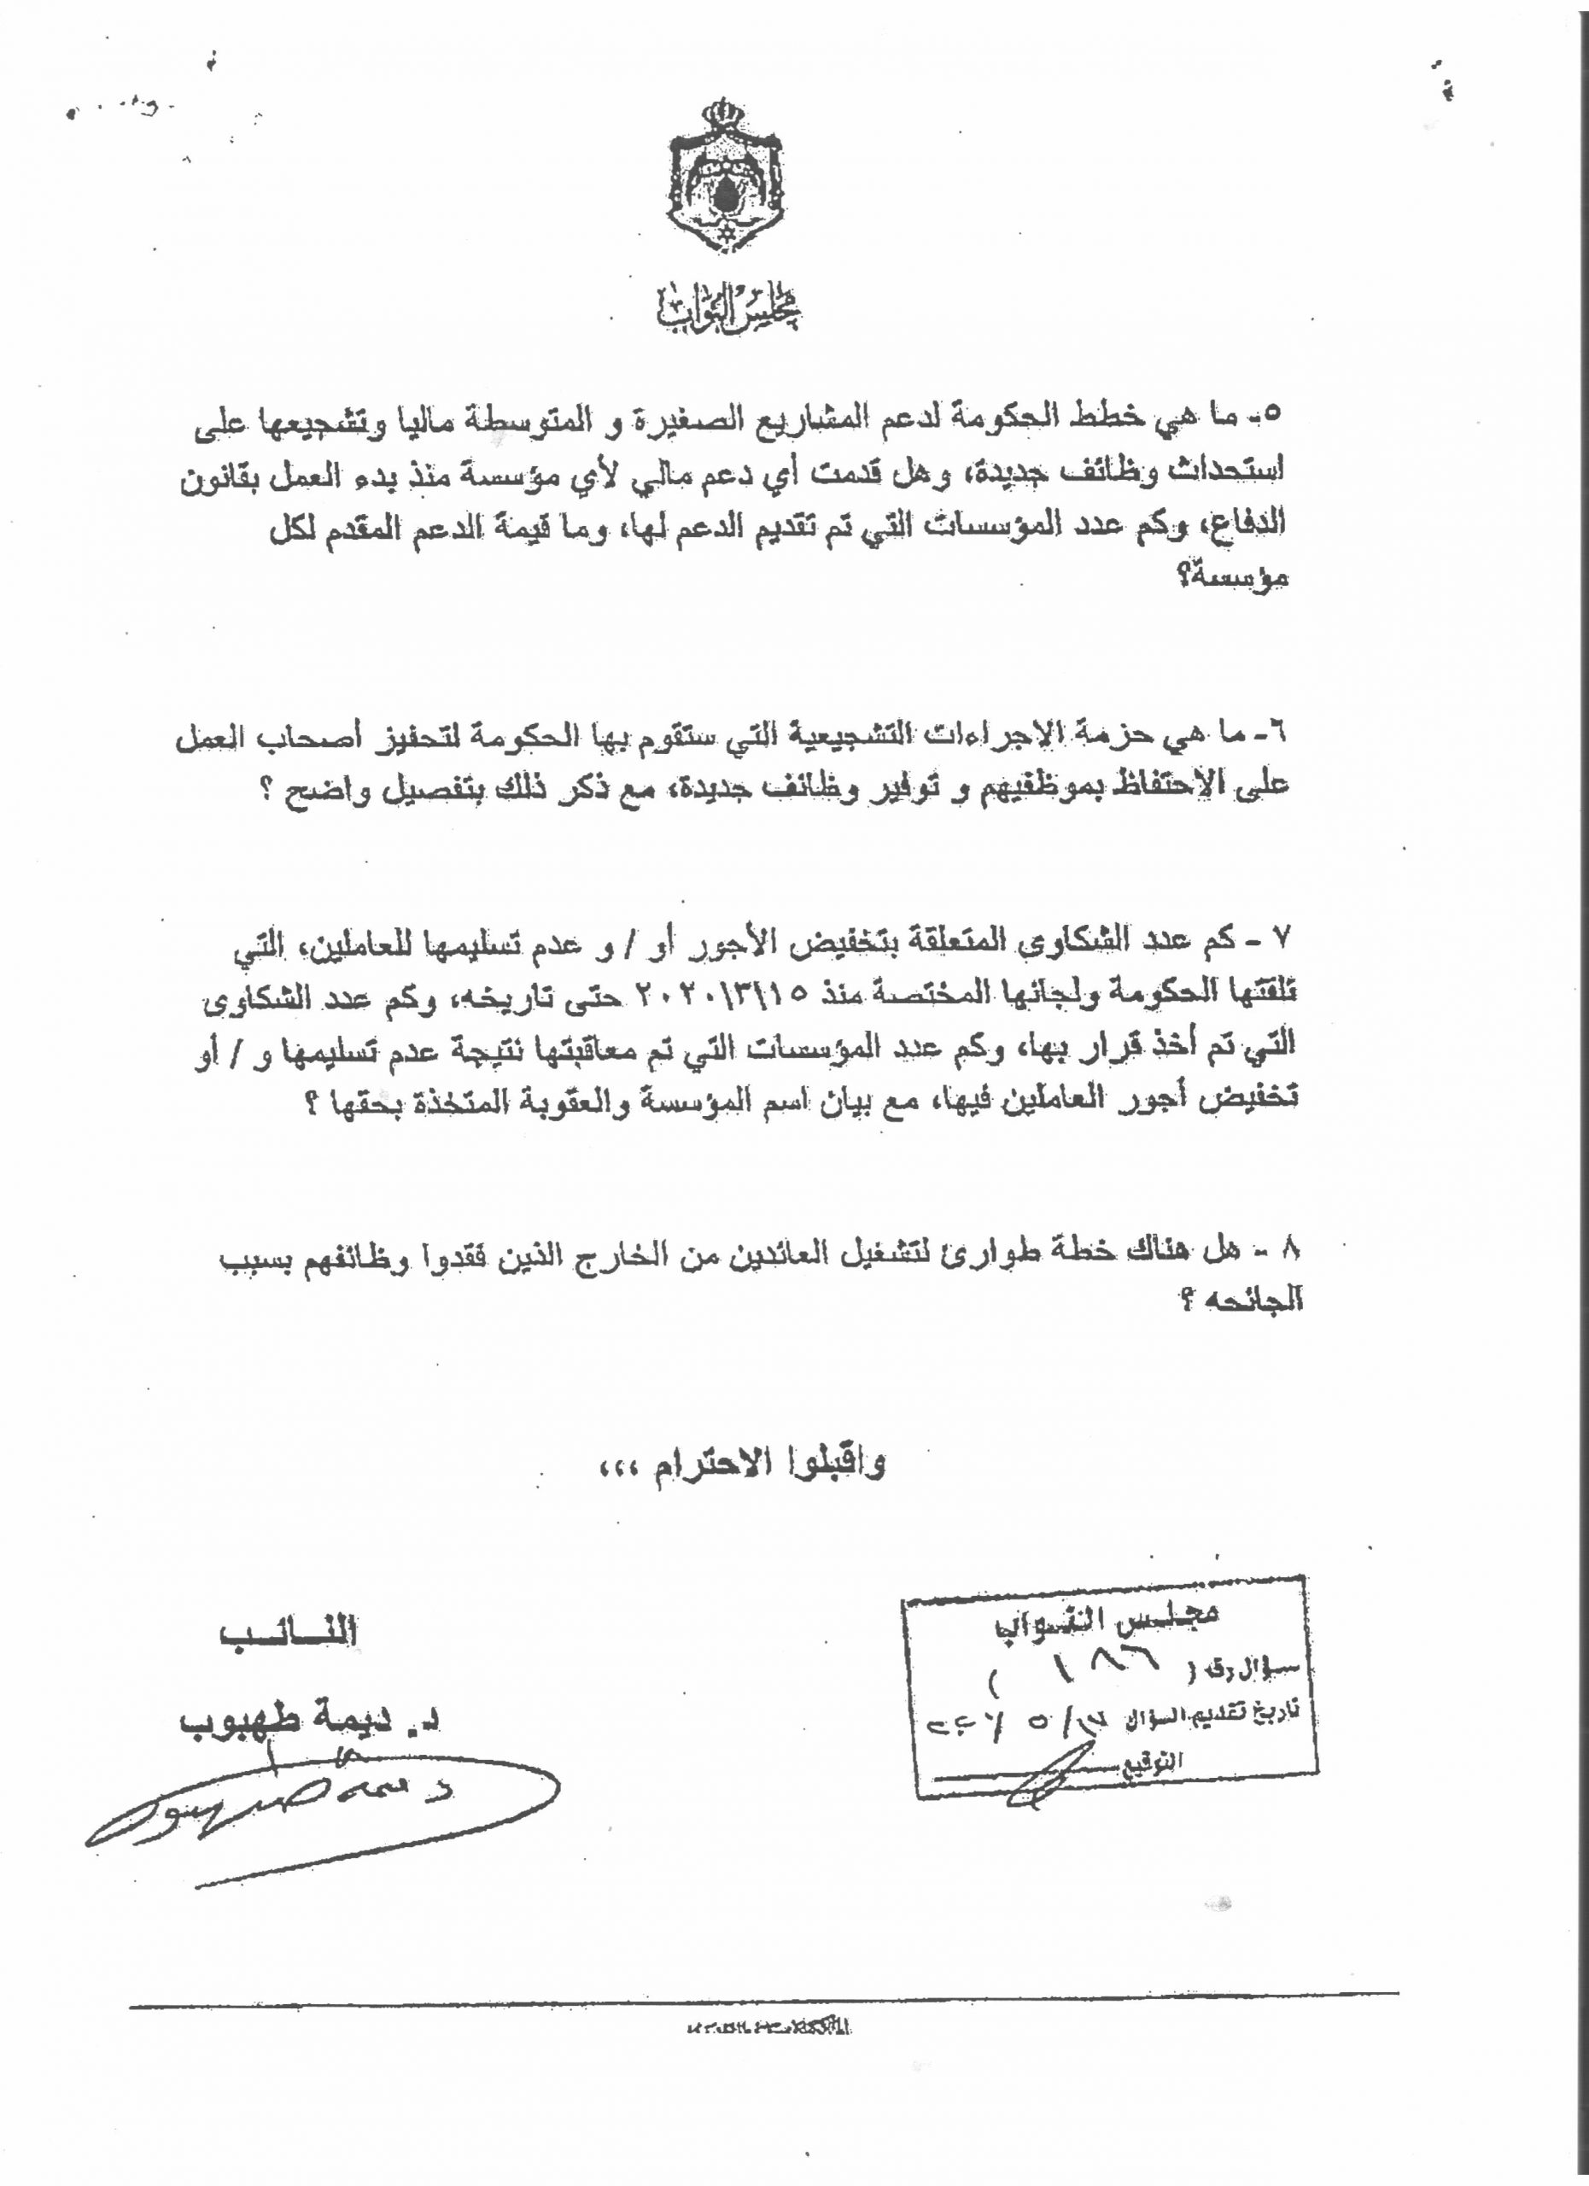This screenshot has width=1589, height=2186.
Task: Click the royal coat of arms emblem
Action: point(726,178)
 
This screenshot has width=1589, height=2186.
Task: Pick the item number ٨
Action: point(1291,1250)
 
